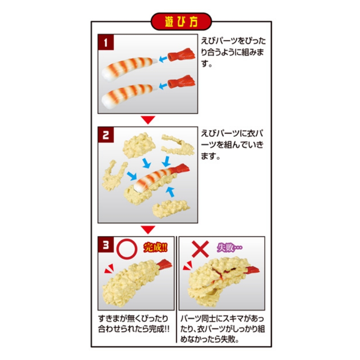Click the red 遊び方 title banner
click(x=181, y=22)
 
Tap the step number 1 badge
click(x=106, y=42)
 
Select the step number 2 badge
click(x=106, y=135)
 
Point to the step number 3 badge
click(x=106, y=245)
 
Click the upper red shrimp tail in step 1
click(x=181, y=55)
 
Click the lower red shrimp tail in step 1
click(x=181, y=81)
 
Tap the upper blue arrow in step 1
click(x=163, y=59)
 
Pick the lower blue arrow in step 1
click(x=163, y=86)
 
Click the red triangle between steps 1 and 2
click(x=148, y=120)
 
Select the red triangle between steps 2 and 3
click(x=148, y=229)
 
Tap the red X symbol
click(x=200, y=249)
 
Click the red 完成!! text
click(x=155, y=247)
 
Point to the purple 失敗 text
click(x=229, y=247)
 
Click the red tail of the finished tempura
click(x=164, y=264)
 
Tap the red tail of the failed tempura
click(x=252, y=269)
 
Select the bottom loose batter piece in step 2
click(x=171, y=208)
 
